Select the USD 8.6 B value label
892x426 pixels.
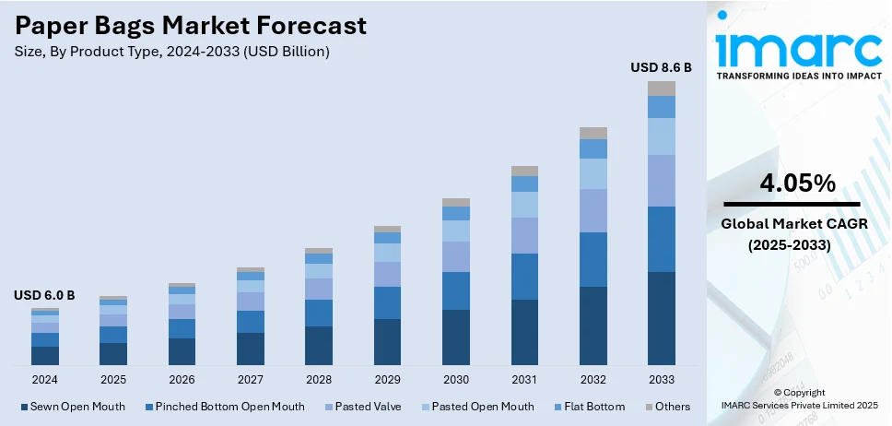pyautogui.click(x=661, y=67)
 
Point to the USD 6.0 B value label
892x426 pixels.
pyautogui.click(x=44, y=295)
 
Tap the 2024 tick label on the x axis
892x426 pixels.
pyautogui.click(x=44, y=379)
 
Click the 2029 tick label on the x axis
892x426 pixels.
pyautogui.click(x=387, y=379)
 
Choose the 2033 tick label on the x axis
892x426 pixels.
pyautogui.click(x=661, y=379)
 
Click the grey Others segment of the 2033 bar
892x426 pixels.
pyautogui.click(x=661, y=89)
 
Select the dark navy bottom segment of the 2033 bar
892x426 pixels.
pyautogui.click(x=661, y=318)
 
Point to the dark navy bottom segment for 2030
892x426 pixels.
pyautogui.click(x=455, y=337)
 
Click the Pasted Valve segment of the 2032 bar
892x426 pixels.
pyautogui.click(x=593, y=210)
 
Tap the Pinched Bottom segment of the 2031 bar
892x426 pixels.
pyautogui.click(x=524, y=277)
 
